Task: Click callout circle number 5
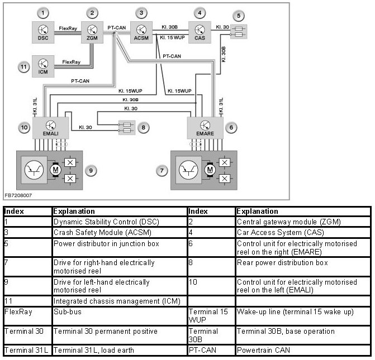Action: pyautogui.click(x=240, y=15)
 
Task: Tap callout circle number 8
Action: pyautogui.click(x=144, y=128)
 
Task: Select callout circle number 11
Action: pyautogui.click(x=23, y=67)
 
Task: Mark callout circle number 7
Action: pyautogui.click(x=162, y=170)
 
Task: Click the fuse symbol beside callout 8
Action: pyautogui.click(x=126, y=128)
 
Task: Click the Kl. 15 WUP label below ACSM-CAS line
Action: pyautogui.click(x=172, y=37)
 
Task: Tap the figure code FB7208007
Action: pyautogui.click(x=18, y=196)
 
